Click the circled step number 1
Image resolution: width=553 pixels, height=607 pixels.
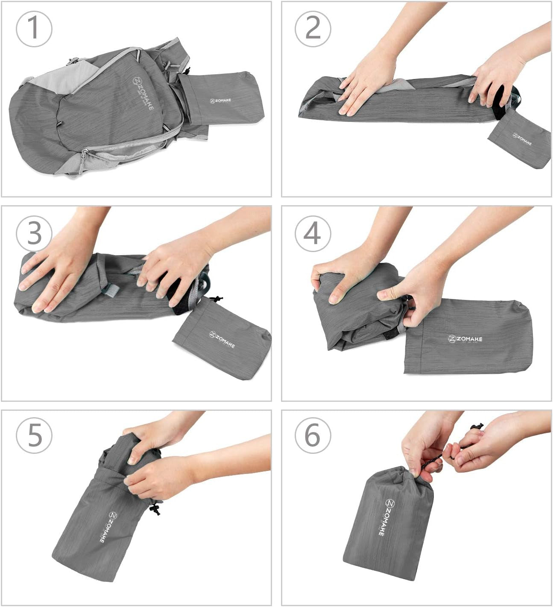(x=34, y=29)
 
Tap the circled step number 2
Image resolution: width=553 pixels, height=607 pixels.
(x=313, y=29)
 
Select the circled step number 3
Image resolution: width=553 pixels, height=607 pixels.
(x=34, y=233)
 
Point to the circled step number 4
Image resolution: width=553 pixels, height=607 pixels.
(x=313, y=233)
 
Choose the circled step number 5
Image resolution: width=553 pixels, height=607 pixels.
(x=34, y=435)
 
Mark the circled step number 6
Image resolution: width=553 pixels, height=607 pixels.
(x=313, y=435)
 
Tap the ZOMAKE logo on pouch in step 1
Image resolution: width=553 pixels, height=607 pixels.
(x=220, y=101)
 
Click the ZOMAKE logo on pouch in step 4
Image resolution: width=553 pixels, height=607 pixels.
(x=465, y=339)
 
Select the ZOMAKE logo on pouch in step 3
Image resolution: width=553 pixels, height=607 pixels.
(x=222, y=339)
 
